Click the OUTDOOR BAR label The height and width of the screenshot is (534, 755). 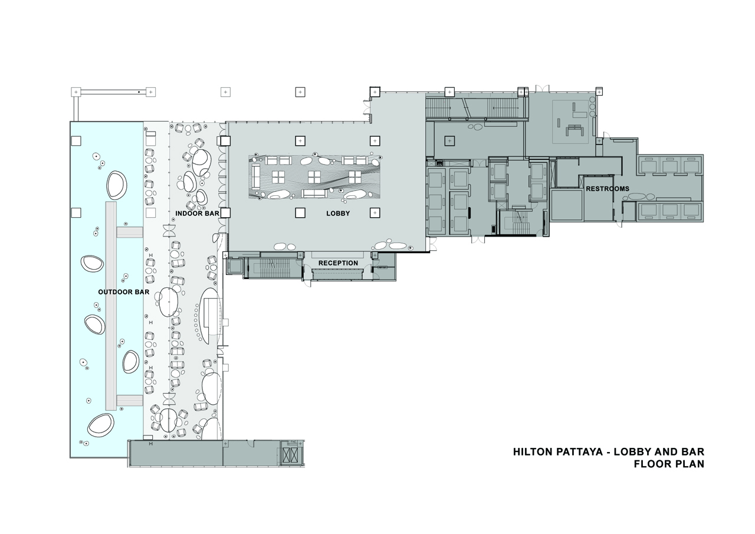coord(119,292)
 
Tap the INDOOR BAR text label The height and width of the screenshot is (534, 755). coord(197,214)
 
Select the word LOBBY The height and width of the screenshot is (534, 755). coord(338,214)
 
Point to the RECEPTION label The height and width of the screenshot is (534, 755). coord(338,263)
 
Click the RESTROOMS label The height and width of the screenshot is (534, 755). coord(607,189)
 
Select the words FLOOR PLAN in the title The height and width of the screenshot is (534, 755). coord(669,464)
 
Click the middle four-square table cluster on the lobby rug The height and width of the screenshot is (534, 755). coord(314,176)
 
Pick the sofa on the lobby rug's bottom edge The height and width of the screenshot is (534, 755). coord(314,194)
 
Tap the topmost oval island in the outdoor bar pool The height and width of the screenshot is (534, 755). coord(116,185)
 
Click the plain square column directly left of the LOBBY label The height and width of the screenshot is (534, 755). coord(300,213)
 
